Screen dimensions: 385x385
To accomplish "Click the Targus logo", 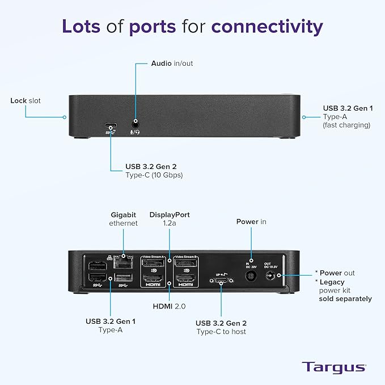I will tap(333, 367).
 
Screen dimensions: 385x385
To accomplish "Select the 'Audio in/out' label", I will tap(172, 64).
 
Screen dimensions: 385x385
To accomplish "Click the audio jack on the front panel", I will tap(136, 122).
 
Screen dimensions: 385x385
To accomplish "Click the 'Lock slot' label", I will tap(26, 101).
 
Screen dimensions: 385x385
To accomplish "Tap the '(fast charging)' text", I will tap(346, 125).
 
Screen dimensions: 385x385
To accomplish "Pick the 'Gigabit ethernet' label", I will tap(123, 219).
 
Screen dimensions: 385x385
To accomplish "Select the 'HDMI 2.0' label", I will tap(170, 307).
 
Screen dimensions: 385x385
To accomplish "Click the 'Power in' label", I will tap(251, 222).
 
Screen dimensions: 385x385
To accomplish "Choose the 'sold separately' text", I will tap(345, 299).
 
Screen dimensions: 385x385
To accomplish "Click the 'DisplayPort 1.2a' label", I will tap(170, 219).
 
